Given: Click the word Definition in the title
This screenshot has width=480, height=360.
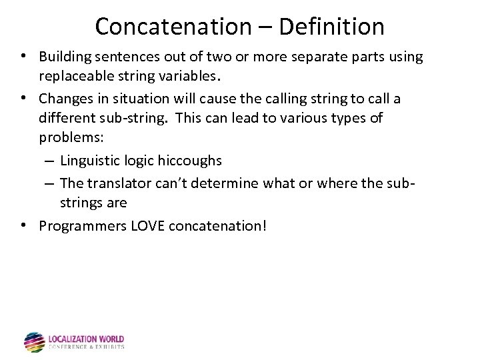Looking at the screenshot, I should pos(331,27).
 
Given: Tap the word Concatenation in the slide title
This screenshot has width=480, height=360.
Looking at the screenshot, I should pos(172,27).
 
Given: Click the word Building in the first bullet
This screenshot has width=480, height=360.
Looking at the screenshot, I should pos(63,57).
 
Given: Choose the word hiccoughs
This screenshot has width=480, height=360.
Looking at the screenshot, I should pos(189,161).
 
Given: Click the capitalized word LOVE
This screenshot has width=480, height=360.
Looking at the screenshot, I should pos(147,225).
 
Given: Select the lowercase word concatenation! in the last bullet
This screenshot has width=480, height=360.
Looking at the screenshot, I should pos(218,225).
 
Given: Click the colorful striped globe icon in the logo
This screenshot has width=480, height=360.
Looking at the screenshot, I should pos(34,342).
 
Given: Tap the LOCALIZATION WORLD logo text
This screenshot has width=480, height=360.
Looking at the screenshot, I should pos(86,339).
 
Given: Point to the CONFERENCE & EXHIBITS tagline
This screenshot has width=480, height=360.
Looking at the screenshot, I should pos(86,347).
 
